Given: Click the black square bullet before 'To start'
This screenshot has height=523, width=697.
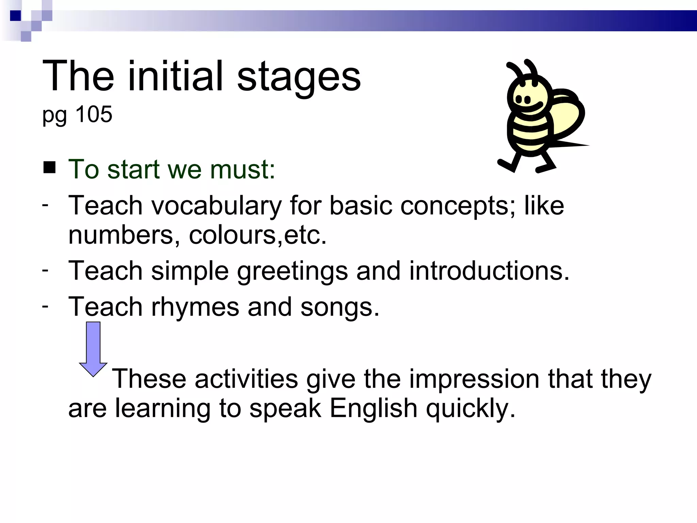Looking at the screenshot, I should tap(50, 168).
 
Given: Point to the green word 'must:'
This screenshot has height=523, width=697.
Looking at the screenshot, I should tap(242, 169).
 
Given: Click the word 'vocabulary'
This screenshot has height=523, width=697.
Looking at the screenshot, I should tap(216, 206).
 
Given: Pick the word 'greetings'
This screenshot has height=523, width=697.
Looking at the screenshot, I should tap(292, 271).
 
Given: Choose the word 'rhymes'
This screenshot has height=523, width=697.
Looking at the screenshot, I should tap(195, 307).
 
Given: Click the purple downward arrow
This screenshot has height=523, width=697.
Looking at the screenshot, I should tap(93, 349).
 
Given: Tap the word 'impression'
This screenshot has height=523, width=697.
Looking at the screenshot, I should tap(474, 379).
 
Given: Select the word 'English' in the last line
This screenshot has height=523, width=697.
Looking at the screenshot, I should tap(373, 408).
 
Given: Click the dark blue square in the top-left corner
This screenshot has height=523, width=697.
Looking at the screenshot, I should tap(16, 16).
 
